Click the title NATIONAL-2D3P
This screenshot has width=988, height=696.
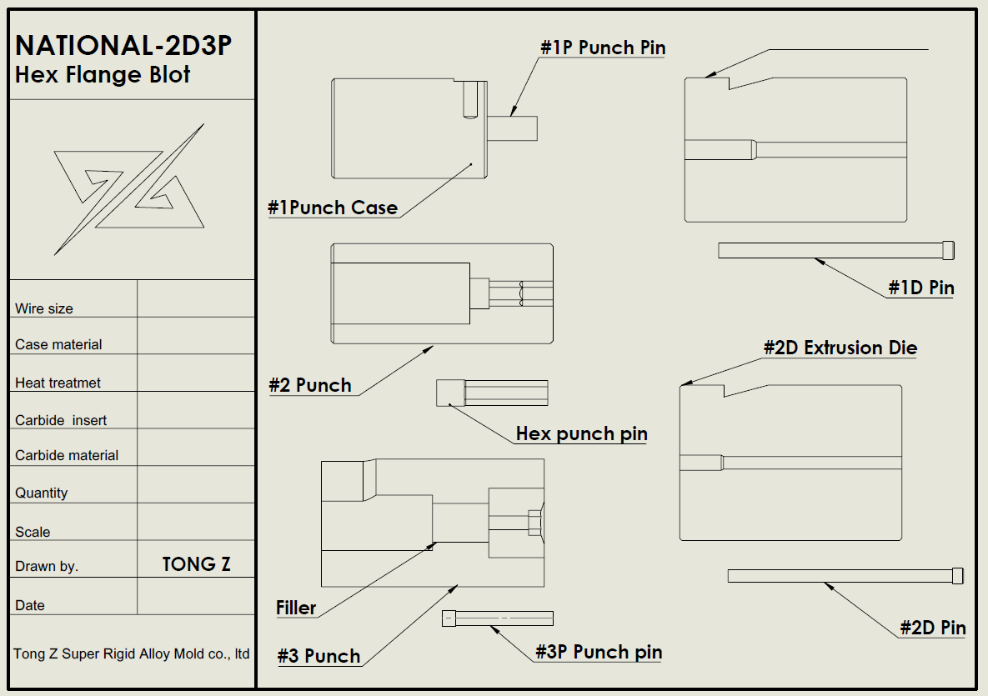(123, 45)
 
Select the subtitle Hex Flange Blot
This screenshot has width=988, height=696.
(102, 74)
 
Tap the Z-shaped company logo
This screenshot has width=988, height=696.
(129, 189)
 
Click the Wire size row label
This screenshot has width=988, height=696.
(44, 308)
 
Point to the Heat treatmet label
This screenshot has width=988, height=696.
(58, 383)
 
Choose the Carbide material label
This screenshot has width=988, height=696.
(67, 455)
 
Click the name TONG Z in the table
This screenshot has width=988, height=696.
(197, 563)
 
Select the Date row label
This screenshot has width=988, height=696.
(30, 605)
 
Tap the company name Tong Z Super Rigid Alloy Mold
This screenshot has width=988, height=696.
(131, 653)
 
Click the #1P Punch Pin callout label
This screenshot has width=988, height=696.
(603, 48)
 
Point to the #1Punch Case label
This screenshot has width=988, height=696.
(333, 208)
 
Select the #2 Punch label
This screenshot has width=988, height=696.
(310, 385)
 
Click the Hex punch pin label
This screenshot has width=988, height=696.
(582, 434)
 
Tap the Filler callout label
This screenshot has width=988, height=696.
(296, 608)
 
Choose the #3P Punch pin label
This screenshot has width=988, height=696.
(599, 652)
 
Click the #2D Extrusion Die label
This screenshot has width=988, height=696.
(840, 348)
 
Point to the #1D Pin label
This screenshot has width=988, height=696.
(921, 288)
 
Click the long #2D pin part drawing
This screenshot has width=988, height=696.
(845, 576)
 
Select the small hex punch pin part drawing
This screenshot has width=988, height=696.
(492, 393)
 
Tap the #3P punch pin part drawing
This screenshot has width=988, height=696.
(498, 618)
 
